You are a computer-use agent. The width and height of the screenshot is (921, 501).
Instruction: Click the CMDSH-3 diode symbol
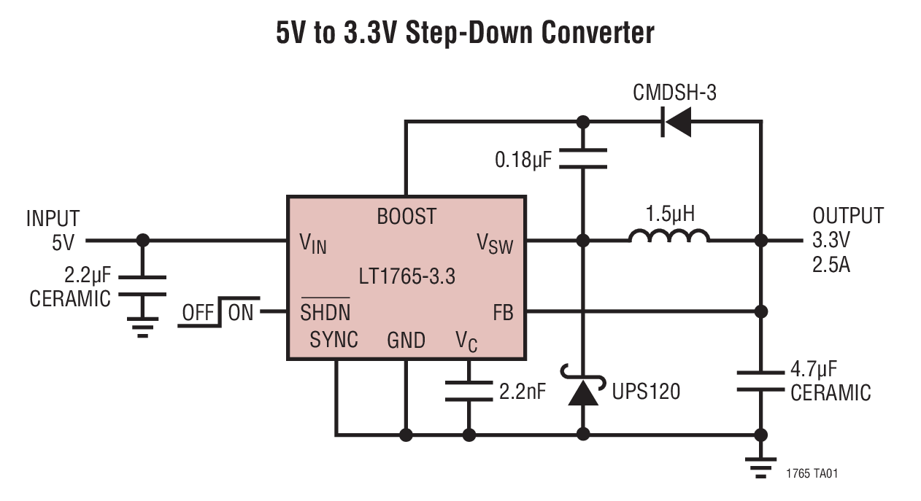point(676,122)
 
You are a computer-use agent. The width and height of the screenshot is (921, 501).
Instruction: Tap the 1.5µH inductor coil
point(668,237)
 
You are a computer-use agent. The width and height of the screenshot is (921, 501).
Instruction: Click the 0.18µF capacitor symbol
point(582,158)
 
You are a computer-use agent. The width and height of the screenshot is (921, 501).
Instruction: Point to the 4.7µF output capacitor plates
point(761,380)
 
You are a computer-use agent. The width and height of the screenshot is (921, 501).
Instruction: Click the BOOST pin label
point(406,217)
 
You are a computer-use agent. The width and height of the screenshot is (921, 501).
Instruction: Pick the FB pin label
point(503,314)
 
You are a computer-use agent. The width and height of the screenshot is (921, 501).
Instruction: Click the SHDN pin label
point(325,312)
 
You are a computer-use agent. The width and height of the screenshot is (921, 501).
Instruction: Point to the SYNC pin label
point(334,339)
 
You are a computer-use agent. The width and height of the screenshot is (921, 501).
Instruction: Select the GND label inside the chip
point(406,340)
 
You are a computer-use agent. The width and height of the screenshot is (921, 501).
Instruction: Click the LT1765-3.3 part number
point(406,277)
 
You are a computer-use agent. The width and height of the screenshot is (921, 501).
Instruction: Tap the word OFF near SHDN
point(198,314)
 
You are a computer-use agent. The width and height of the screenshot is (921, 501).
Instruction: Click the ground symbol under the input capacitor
point(143,326)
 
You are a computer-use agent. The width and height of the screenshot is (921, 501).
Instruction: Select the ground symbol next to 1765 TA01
point(761,466)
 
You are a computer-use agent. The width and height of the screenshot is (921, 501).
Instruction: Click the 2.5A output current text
point(831,264)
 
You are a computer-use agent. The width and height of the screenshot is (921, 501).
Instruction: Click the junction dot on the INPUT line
point(143,240)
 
